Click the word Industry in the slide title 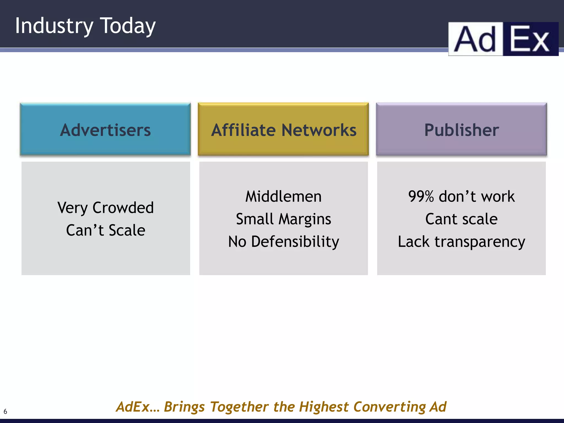(x=54, y=26)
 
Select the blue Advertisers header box (x=105, y=129)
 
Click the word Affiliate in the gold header (x=243, y=130)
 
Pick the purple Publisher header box (x=461, y=129)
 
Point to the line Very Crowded (x=105, y=208)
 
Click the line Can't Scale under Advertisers (x=105, y=230)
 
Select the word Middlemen (x=283, y=197)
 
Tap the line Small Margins (x=283, y=219)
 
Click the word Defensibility (x=295, y=242)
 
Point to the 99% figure (x=421, y=197)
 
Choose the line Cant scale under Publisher (x=461, y=219)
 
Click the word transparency (x=479, y=242)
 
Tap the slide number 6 (x=5, y=412)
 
